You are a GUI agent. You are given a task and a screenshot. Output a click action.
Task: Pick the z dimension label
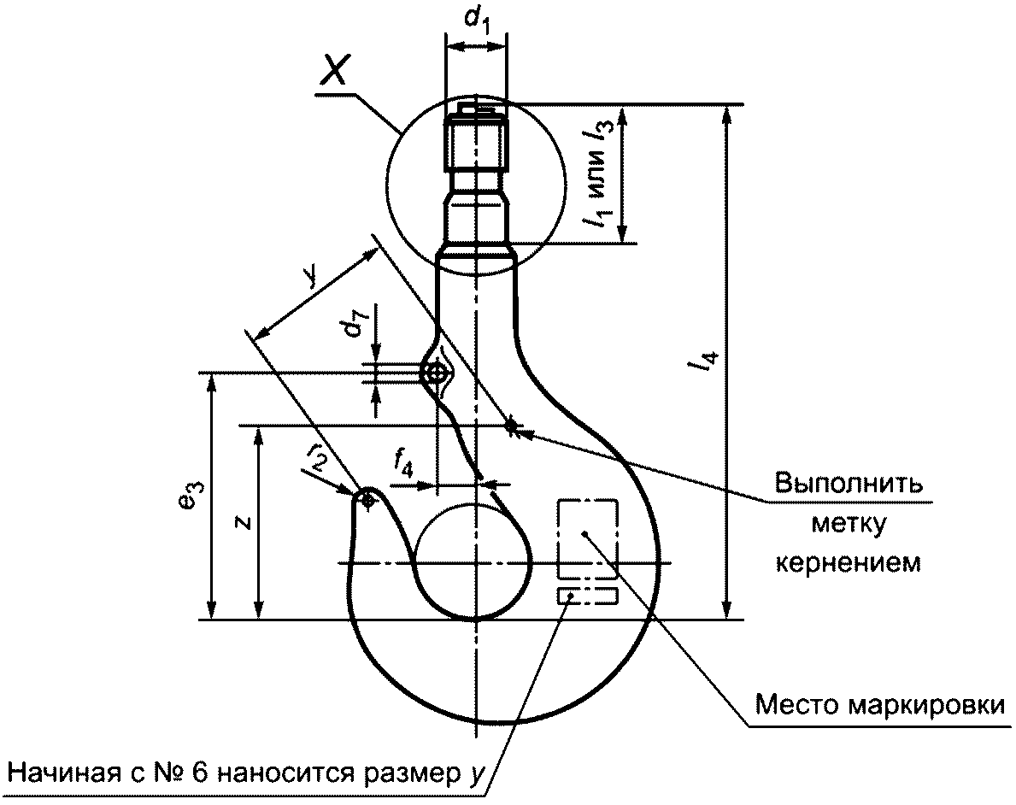point(244,522)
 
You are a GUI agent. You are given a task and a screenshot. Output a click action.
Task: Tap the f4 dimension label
point(403,463)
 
